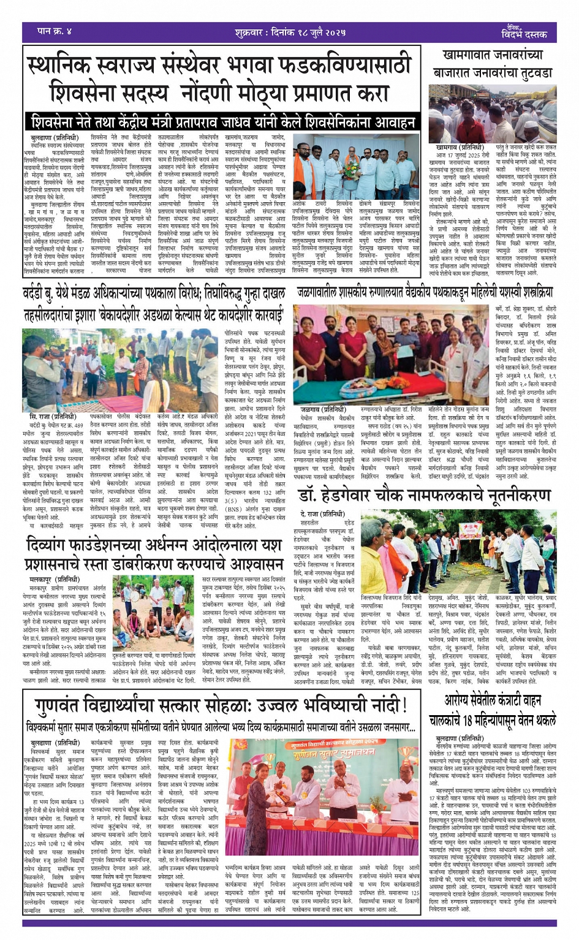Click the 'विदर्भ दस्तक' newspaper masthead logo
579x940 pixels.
[523, 34]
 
